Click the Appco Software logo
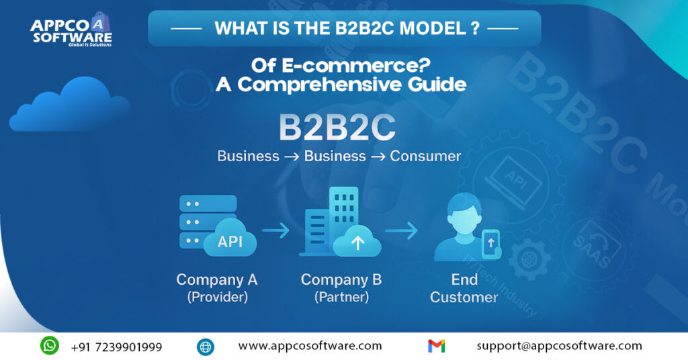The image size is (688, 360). coord(71,31)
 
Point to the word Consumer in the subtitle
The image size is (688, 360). coord(425,156)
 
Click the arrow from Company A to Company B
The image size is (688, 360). coord(275,231)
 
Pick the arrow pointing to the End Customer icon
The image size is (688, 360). coord(401,231)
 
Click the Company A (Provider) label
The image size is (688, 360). coord(216,287)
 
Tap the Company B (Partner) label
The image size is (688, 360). coord(341,287)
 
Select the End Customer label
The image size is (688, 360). coord(464,287)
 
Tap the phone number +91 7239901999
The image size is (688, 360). coord(116,347)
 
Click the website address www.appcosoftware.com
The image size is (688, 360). coord(310,347)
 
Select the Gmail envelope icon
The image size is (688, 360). coord(436,347)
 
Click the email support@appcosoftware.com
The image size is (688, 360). coord(559,347)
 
